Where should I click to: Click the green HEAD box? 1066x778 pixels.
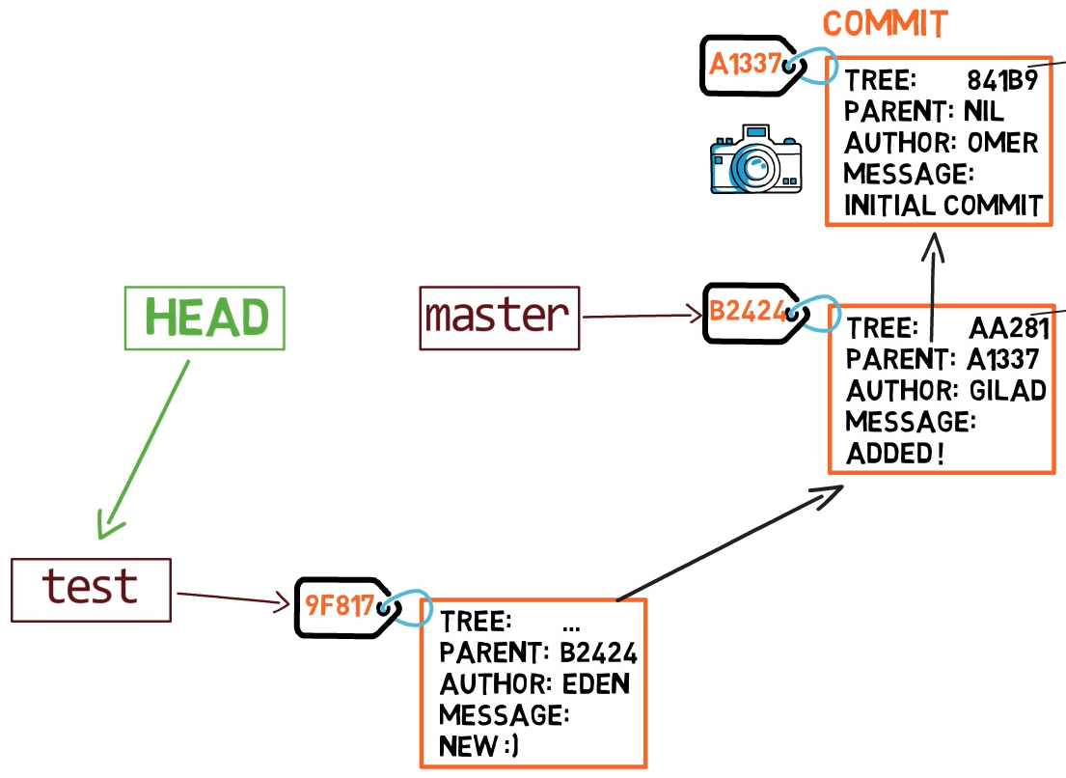click(205, 318)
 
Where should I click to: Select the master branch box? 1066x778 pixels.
click(500, 318)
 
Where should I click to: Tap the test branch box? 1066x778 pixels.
click(91, 589)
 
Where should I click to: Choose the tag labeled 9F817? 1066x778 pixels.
click(340, 607)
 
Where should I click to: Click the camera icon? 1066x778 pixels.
click(755, 160)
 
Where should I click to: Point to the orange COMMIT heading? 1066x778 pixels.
click(885, 24)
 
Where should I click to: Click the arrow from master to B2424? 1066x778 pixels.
click(642, 316)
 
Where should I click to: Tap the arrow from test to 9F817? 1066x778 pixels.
click(233, 599)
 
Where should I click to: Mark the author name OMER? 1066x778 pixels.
click(1002, 144)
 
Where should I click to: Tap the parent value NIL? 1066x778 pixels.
click(983, 112)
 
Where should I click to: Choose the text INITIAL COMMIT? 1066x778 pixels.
click(943, 206)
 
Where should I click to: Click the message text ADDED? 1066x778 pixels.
click(894, 454)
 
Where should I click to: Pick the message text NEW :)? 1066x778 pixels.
click(478, 746)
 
